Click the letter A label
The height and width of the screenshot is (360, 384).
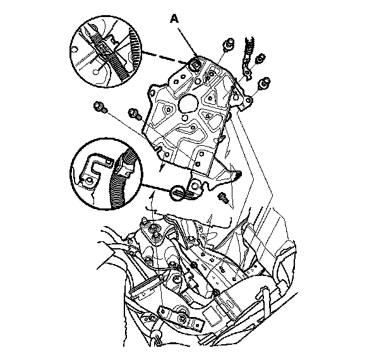(174, 19)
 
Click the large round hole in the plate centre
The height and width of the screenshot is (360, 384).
(188, 104)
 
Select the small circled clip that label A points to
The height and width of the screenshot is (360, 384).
(195, 64)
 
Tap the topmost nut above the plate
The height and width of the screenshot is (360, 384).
(229, 44)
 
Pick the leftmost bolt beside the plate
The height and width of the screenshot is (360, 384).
(100, 107)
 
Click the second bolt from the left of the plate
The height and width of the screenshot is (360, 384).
(135, 113)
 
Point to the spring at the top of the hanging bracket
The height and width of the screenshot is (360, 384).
(249, 45)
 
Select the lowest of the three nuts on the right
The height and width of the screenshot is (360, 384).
(265, 83)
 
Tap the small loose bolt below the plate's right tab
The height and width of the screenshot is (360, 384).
(223, 196)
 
